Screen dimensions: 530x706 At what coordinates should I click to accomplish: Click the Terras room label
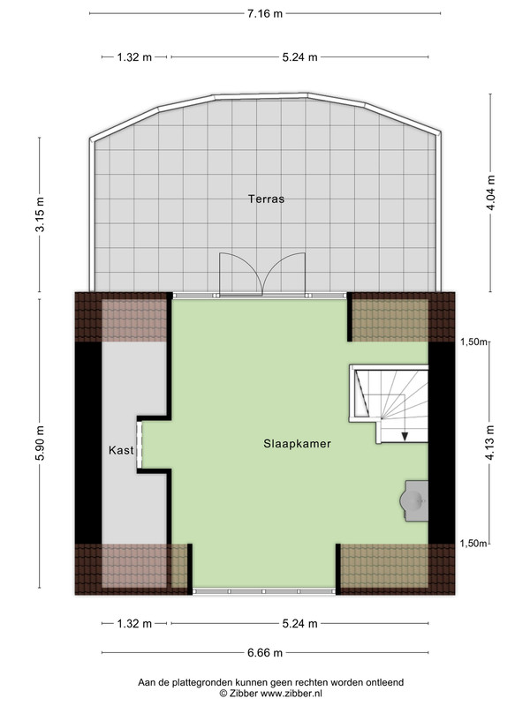click(266, 199)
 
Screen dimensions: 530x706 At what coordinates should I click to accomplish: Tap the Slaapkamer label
click(297, 444)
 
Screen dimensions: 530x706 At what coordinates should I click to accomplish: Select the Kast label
click(121, 450)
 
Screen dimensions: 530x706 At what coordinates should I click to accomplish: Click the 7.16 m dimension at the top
click(264, 13)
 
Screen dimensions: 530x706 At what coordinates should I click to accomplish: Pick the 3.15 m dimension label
click(40, 214)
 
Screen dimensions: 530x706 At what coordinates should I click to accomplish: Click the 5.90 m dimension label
click(40, 443)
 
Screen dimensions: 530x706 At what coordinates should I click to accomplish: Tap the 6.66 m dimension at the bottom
click(265, 652)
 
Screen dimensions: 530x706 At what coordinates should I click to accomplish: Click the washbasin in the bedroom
click(414, 500)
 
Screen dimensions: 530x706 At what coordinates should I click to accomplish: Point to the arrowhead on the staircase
click(405, 436)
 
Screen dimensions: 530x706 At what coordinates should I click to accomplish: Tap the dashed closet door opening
click(140, 445)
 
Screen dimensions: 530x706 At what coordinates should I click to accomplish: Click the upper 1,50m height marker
click(473, 342)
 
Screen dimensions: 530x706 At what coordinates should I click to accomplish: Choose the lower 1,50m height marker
click(473, 544)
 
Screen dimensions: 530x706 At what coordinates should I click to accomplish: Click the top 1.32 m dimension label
click(134, 57)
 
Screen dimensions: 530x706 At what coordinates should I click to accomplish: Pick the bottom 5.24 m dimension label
click(299, 624)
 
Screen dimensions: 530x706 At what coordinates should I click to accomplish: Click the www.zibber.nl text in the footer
click(291, 694)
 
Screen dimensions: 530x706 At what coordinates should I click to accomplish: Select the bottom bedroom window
click(264, 591)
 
